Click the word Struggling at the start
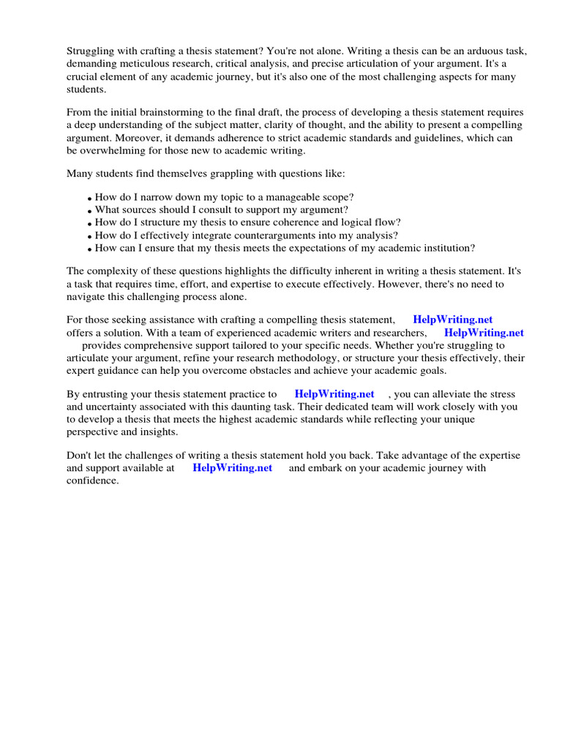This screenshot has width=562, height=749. click(91, 50)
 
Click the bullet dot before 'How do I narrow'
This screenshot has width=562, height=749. click(90, 199)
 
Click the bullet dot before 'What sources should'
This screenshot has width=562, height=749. click(90, 211)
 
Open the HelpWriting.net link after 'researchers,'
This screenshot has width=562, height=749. click(484, 332)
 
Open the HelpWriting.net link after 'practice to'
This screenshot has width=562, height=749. click(334, 394)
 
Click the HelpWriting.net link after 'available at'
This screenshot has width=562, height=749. click(232, 468)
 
